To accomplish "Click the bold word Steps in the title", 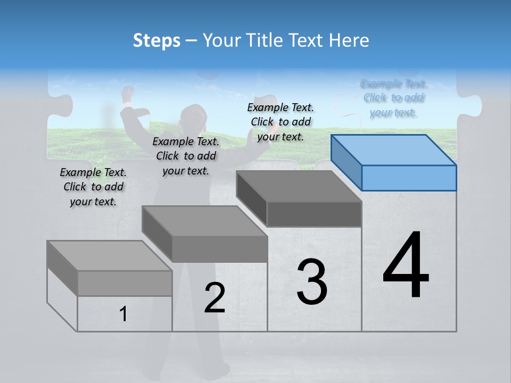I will click(x=156, y=40).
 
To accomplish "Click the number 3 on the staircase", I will click(x=312, y=281).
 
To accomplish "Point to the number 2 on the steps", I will click(x=215, y=298).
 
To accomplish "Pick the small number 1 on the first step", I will click(x=123, y=314).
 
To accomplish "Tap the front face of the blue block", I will click(x=409, y=178).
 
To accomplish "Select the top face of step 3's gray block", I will click(x=299, y=186).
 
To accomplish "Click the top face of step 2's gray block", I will click(x=204, y=221).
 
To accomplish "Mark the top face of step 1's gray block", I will click(x=109, y=255).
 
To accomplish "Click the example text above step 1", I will click(x=93, y=187).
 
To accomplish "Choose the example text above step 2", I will click(x=186, y=156).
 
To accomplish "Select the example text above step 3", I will click(x=281, y=122).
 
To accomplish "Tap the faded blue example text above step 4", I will click(x=393, y=98).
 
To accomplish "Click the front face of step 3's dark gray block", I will click(x=314, y=214).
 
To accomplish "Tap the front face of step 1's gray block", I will click(x=125, y=283).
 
